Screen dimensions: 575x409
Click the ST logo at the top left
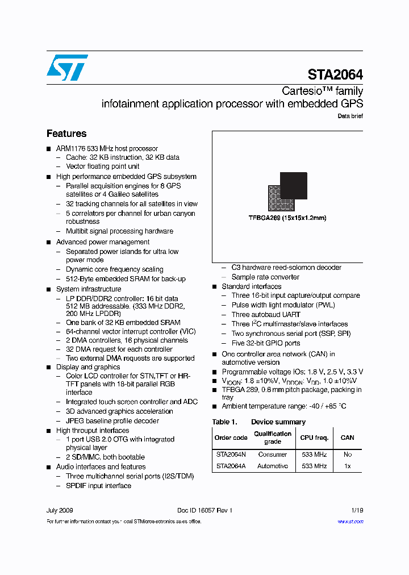(67, 68)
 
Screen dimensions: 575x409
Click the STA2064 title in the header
(335, 75)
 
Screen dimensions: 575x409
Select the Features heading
(66, 134)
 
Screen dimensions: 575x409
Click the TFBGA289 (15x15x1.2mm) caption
(287, 218)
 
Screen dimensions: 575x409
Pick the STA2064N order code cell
(231, 455)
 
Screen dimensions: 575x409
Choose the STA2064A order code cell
(231, 466)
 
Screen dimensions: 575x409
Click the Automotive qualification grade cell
(272, 466)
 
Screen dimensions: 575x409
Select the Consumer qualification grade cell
(272, 455)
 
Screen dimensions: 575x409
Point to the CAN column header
(347, 438)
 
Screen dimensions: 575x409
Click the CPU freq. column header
(315, 438)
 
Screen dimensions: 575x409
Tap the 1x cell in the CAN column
(347, 466)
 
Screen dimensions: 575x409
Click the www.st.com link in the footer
(350, 522)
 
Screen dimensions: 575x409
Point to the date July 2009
(60, 510)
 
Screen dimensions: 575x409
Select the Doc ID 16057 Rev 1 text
(204, 510)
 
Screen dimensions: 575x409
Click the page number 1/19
(357, 510)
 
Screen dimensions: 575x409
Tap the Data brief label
(350, 116)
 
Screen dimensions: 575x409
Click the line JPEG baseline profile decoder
(112, 421)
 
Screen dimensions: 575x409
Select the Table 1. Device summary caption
(259, 422)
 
